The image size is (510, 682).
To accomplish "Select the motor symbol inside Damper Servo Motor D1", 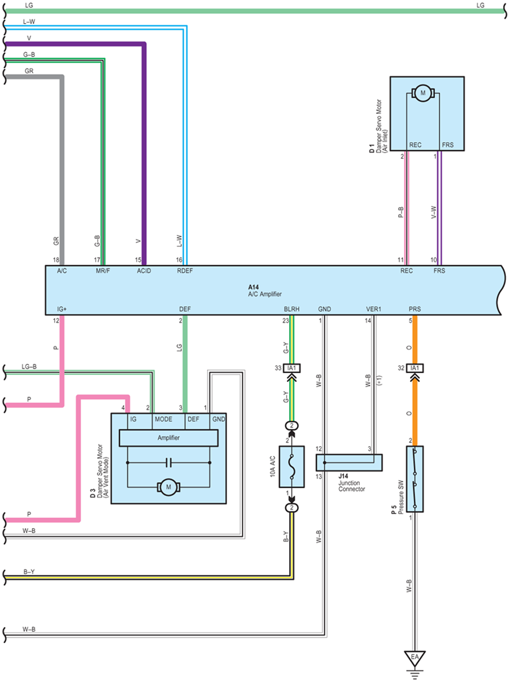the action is (423, 93).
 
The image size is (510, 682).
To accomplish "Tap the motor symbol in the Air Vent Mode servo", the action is (168, 487).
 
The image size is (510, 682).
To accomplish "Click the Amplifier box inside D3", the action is (168, 438).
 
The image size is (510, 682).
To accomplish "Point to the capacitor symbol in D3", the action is (168, 463).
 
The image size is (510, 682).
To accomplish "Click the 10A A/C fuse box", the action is (291, 467).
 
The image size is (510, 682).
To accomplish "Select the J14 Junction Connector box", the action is (349, 463).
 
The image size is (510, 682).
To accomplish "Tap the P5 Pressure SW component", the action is (415, 479).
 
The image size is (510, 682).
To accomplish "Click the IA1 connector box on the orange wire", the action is (415, 368).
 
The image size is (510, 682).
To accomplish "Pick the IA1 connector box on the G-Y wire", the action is (291, 368).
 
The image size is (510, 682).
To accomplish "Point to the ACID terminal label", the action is (144, 271).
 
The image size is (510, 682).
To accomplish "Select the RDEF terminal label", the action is (185, 271).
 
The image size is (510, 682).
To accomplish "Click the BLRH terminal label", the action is (291, 309).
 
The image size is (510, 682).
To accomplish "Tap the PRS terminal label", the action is (415, 309).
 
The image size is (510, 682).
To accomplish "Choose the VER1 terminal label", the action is (373, 309).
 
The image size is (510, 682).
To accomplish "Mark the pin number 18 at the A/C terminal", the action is (56, 260).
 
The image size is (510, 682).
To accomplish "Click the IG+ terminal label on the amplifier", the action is (62, 309).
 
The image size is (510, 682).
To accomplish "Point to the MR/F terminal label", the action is (103, 271).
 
